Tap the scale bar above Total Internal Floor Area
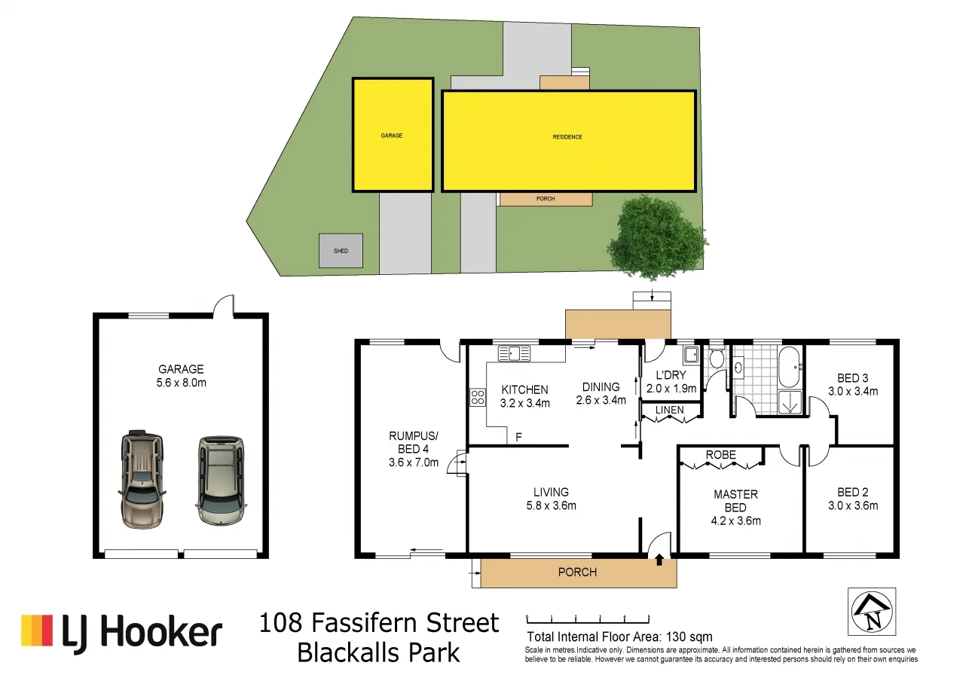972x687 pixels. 587,618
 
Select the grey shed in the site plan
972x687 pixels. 341,250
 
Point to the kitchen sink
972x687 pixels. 514,352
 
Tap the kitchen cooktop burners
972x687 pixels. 477,396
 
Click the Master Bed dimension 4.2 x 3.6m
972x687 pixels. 735,521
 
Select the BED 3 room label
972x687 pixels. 852,378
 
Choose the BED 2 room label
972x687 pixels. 852,493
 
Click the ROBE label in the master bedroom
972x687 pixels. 720,455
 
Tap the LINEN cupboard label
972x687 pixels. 669,411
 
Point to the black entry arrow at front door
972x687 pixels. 660,560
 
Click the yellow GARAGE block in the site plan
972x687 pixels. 393,136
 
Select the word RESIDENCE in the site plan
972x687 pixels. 567,137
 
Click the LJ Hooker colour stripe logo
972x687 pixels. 37,631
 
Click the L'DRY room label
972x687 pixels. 671,375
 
